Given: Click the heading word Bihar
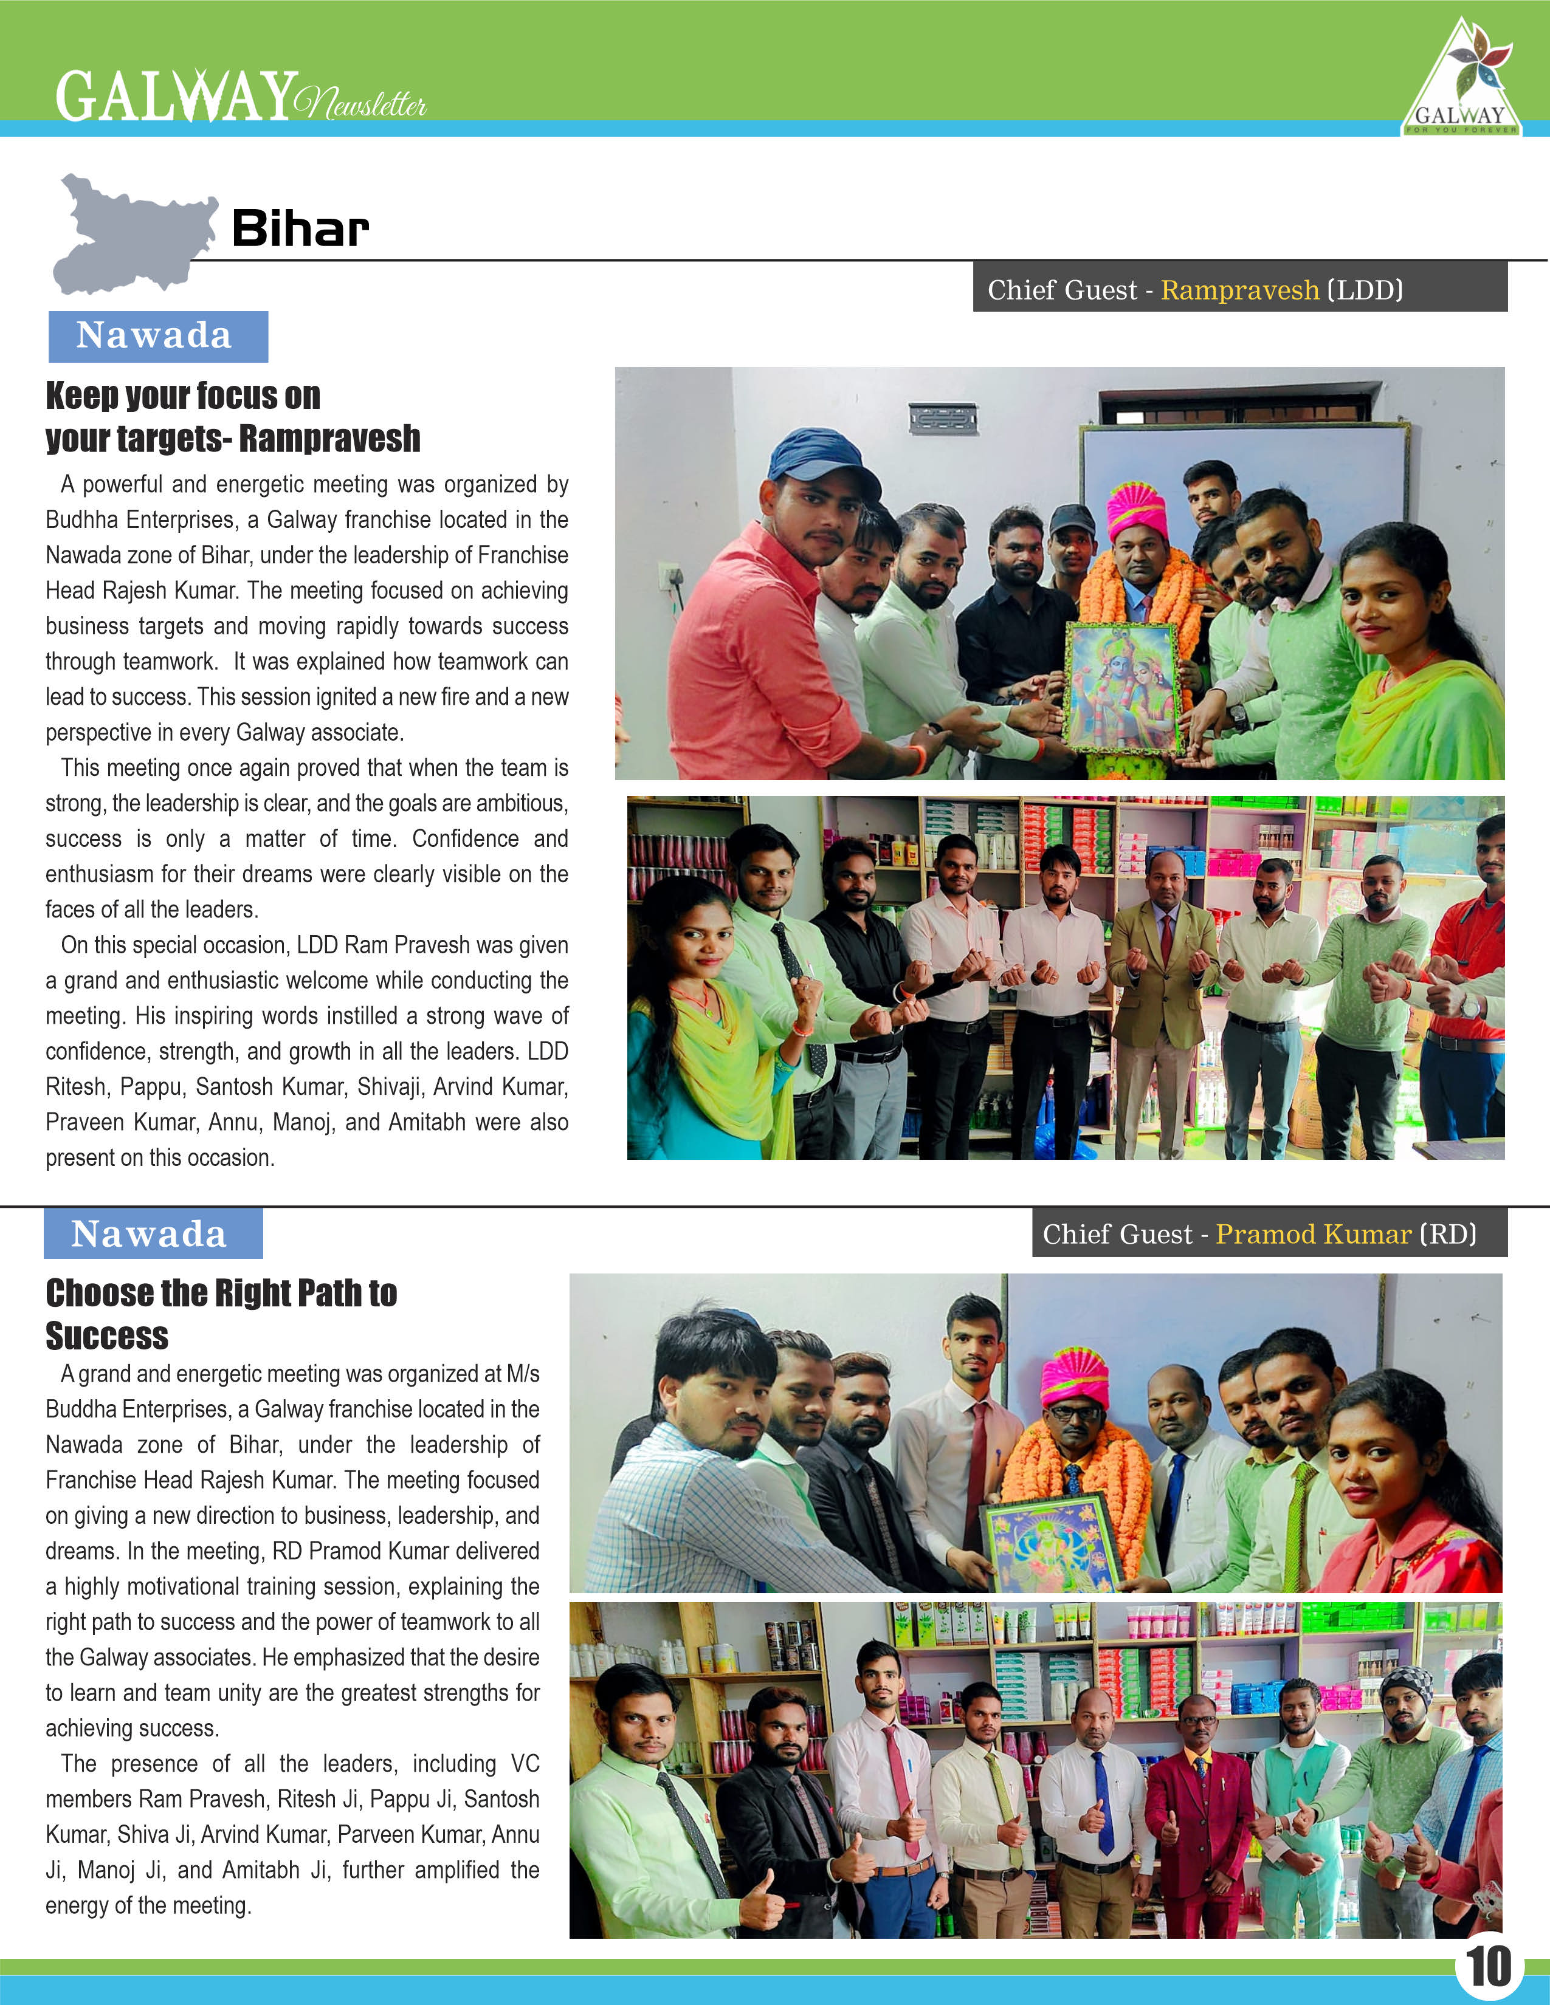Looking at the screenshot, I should pyautogui.click(x=300, y=228).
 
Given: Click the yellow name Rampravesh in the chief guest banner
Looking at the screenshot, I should pyautogui.click(x=1239, y=290).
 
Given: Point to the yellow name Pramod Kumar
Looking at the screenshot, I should pyautogui.click(x=1313, y=1234).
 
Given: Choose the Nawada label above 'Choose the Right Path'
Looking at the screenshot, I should pyautogui.click(x=153, y=1234).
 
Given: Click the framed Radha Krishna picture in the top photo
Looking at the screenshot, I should pyautogui.click(x=1122, y=688).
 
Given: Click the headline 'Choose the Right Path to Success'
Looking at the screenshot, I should pyautogui.click(x=221, y=1314).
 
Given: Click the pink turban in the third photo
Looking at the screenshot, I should pyautogui.click(x=1074, y=1379).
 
